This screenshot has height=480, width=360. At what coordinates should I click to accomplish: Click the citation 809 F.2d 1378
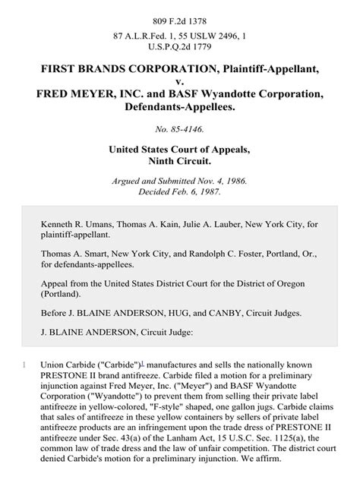180,12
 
